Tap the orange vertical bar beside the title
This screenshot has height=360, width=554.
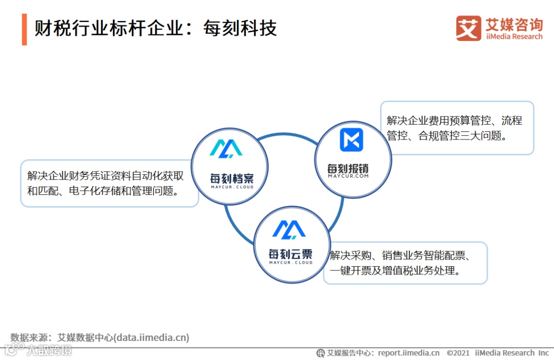coord(24,29)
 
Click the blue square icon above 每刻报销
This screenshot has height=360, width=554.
coord(351,140)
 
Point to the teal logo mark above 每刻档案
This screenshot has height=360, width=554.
coord(226,148)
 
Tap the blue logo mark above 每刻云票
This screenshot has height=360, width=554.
coord(289,229)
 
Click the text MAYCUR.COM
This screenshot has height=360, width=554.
coord(348,176)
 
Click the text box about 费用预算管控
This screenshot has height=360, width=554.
coord(457,128)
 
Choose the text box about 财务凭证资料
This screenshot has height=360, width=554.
coord(109,183)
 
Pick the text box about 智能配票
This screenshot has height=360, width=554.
coord(405,263)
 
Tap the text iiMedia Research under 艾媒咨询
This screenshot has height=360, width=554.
coord(513,36)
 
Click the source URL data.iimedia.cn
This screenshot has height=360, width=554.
coord(151,337)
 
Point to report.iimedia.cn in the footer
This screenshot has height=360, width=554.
coord(408,353)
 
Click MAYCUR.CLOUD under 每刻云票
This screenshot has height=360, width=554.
coord(291,263)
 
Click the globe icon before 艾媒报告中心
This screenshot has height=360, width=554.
coord(321,353)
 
